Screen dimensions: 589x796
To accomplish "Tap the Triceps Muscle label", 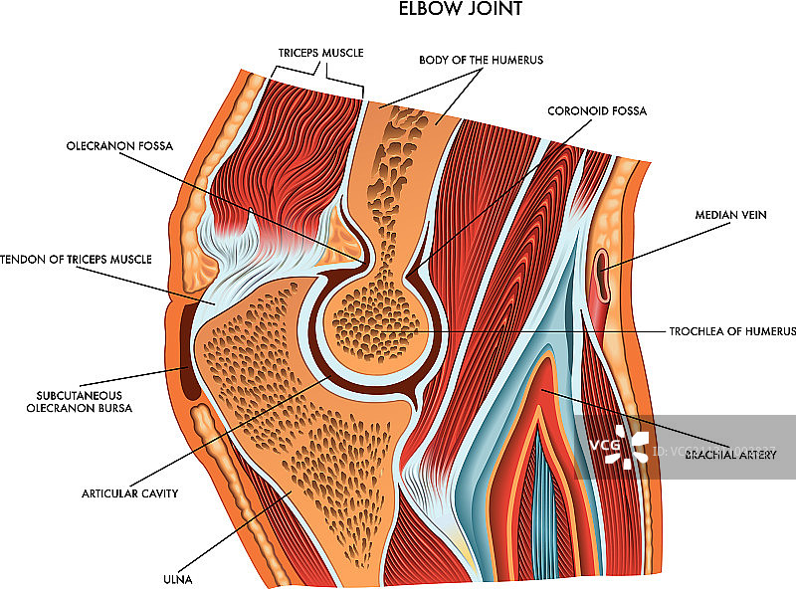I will tap(319, 51).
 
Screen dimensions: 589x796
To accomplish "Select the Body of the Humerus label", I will tap(481, 60).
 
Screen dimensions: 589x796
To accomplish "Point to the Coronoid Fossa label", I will tap(597, 110).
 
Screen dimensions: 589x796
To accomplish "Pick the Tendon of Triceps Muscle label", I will tap(77, 260).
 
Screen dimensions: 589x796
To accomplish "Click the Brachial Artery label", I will tap(730, 455).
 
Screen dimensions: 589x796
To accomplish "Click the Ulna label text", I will tap(180, 578).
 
